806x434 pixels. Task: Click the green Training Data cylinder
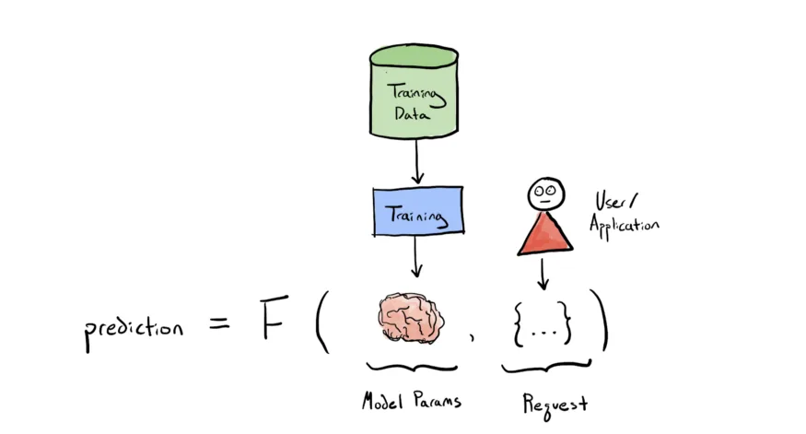(x=414, y=91)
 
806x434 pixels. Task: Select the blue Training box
(x=418, y=211)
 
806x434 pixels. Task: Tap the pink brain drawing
(x=411, y=318)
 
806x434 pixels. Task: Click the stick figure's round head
(x=546, y=194)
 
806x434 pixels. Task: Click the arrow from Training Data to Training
(x=417, y=161)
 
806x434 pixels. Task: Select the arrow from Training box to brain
(x=416, y=256)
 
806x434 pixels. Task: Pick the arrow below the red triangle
(x=543, y=274)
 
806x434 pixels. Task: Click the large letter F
(x=273, y=317)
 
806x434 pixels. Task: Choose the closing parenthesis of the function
(x=601, y=320)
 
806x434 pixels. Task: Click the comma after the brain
(x=472, y=336)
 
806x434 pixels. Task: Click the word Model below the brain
(x=382, y=401)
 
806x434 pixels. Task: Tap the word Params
(x=437, y=400)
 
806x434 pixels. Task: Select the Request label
(x=555, y=405)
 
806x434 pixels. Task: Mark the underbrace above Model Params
(x=412, y=367)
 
